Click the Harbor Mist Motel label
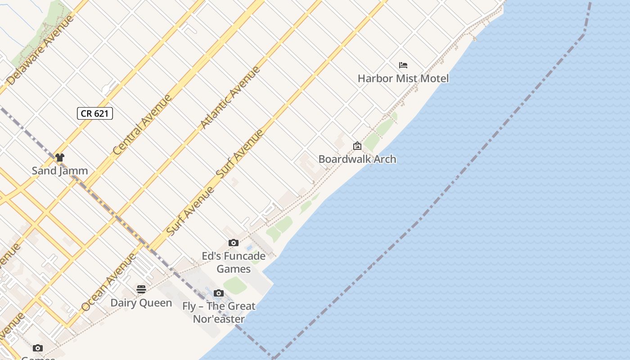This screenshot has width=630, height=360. (x=403, y=78)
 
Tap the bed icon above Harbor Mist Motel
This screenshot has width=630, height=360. (x=403, y=65)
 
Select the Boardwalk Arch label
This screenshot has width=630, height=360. (x=357, y=159)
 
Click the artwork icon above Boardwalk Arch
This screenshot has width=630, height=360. (x=357, y=146)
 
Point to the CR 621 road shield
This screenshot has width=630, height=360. (x=94, y=113)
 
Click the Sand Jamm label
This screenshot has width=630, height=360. (x=60, y=171)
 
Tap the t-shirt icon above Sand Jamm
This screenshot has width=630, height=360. (x=60, y=157)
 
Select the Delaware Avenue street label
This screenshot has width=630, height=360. (x=40, y=50)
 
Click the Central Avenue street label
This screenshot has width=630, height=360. (x=142, y=125)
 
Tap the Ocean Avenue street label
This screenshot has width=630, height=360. (x=108, y=282)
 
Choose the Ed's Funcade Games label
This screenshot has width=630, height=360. (x=234, y=262)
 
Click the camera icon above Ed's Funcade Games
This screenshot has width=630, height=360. (x=233, y=243)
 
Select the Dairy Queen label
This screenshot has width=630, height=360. (x=141, y=303)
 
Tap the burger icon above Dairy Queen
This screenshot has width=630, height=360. (x=141, y=289)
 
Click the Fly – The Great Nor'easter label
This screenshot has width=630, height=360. (x=219, y=312)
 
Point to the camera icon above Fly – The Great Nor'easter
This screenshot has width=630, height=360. (x=218, y=293)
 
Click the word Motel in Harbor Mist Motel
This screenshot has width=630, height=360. (x=432, y=78)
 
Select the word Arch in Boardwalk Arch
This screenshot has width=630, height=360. (x=385, y=159)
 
